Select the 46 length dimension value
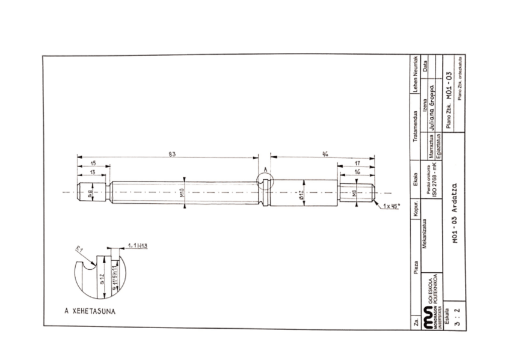point(325,154)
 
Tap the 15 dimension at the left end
point(92,163)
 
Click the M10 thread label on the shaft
point(182,194)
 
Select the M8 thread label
point(355,194)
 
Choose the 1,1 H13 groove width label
point(138,246)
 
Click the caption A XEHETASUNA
point(90,311)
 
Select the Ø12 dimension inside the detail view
point(103,275)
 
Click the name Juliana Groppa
point(434,110)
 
